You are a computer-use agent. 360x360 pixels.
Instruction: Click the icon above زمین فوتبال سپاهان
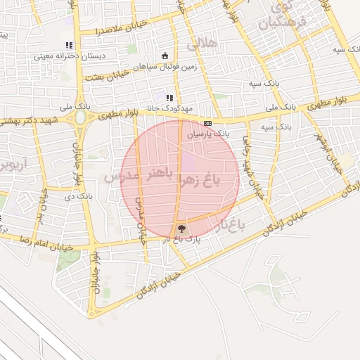pyautogui.click(x=165, y=56)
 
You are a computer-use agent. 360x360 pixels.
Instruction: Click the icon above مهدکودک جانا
pyautogui.click(x=169, y=98)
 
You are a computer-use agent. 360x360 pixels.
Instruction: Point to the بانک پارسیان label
pyautogui.click(x=212, y=132)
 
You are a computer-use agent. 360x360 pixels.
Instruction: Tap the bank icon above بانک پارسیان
pyautogui.click(x=207, y=122)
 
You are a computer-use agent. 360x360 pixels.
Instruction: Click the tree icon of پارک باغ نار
pyautogui.click(x=181, y=229)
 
